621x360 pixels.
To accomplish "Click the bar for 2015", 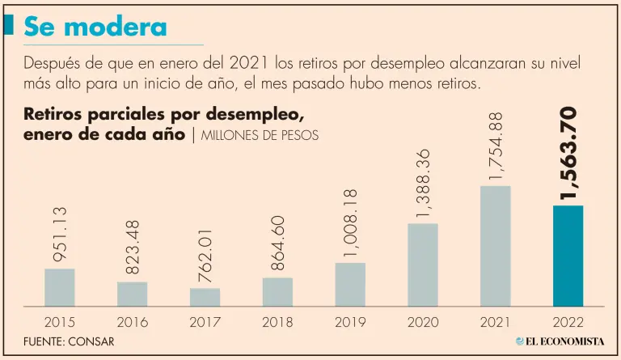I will click(x=59, y=287).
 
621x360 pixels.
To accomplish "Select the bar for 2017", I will click(x=205, y=297).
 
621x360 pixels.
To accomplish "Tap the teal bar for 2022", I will click(x=567, y=256).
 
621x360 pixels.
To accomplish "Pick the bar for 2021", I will click(x=495, y=246).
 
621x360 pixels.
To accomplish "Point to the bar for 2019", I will click(x=349, y=284).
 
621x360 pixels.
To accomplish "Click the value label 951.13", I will click(x=59, y=235).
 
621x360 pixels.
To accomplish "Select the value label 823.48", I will click(x=132, y=248).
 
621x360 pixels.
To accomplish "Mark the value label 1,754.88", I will click(x=495, y=146).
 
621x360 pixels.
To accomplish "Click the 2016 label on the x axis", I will click(x=132, y=322).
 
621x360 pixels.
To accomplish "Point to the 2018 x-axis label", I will click(x=277, y=322).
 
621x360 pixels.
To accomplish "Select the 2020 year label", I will click(x=422, y=322).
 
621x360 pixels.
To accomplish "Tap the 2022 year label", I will click(x=567, y=322).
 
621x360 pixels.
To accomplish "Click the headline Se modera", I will click(x=95, y=27).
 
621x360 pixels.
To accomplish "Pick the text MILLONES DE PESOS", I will click(x=258, y=135).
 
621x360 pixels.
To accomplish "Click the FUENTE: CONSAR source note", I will click(x=68, y=341).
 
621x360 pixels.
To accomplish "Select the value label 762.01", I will click(x=205, y=255).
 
